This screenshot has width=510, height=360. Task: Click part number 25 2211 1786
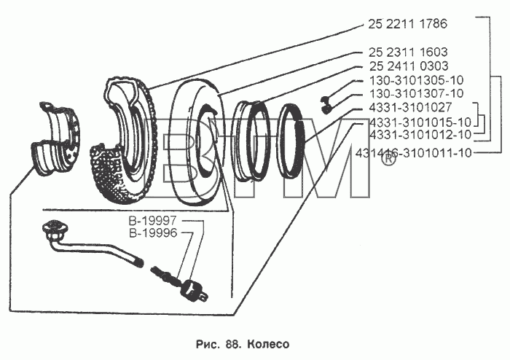(x=407, y=24)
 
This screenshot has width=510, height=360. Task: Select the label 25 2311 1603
(x=408, y=52)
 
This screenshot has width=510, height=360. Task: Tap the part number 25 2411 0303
(x=409, y=66)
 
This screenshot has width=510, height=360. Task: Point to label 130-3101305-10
(x=416, y=80)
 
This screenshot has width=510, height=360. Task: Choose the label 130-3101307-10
(x=416, y=94)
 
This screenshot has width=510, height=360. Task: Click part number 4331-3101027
(x=410, y=107)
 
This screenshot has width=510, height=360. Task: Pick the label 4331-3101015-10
(x=420, y=122)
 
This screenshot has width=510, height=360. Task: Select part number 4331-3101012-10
(x=420, y=134)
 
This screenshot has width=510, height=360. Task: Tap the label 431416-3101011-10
(x=413, y=152)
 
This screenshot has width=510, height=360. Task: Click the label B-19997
(x=152, y=221)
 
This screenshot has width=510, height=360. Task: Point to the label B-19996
(x=153, y=233)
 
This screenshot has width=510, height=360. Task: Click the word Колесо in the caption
(x=268, y=344)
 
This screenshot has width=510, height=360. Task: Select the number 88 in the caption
(x=232, y=344)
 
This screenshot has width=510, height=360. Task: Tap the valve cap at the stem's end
(x=195, y=290)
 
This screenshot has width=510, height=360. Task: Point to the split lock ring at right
(x=291, y=139)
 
